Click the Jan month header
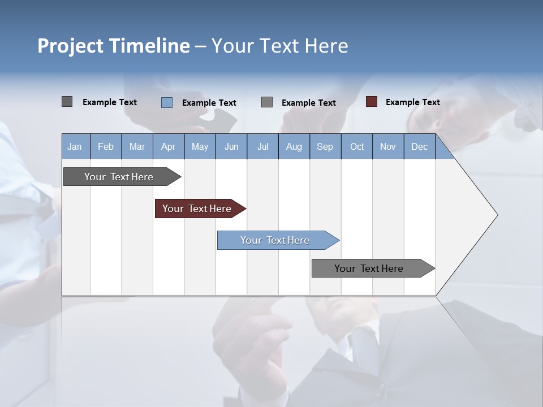[75, 146]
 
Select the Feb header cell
[106, 146]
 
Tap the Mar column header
[137, 146]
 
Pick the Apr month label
[168, 146]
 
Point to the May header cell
[200, 146]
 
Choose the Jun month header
[231, 146]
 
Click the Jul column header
[262, 146]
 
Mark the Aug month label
[294, 146]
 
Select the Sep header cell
[325, 146]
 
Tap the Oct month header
[357, 146]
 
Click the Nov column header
[388, 146]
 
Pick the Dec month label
[419, 146]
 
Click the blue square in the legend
[167, 102]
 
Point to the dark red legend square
[372, 102]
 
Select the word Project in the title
[70, 46]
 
